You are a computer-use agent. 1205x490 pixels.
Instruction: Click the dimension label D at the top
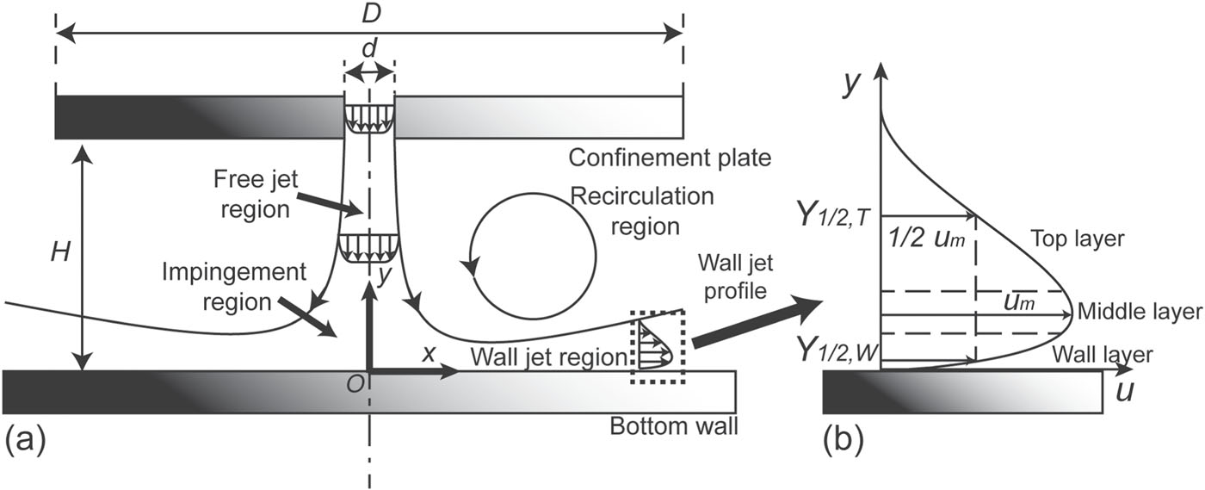(368, 12)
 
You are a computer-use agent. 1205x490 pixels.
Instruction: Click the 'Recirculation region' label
(643, 211)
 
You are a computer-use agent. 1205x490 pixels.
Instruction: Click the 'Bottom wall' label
(674, 426)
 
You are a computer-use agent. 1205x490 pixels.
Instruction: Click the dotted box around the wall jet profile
(658, 347)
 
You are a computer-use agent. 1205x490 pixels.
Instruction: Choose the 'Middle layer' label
(1139, 312)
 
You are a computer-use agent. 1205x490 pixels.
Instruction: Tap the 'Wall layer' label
(1102, 353)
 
